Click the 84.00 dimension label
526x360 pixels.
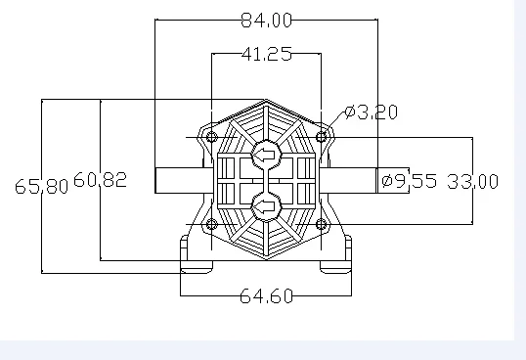(267, 21)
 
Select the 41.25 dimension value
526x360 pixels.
(267, 54)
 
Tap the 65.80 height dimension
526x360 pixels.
(42, 186)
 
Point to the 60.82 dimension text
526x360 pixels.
(100, 180)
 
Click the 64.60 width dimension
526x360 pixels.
(266, 296)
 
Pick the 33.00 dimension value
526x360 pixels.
(472, 182)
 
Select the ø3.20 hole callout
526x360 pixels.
(372, 112)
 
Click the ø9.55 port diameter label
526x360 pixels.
(410, 181)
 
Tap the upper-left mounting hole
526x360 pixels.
(211, 137)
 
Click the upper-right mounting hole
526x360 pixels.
(322, 137)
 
